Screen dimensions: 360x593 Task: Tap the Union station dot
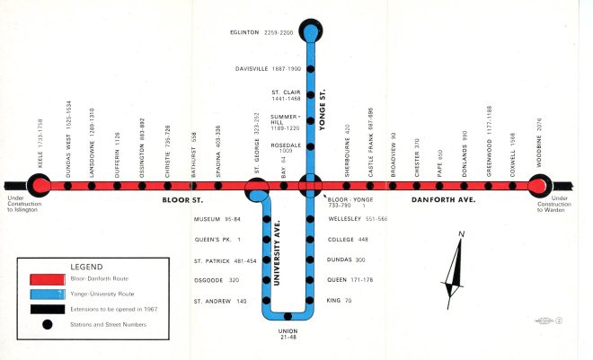click(287, 316)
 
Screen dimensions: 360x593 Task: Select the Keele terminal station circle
click(40, 186)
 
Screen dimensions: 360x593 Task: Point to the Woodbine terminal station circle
click(538, 186)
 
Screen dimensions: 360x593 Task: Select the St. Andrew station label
click(220, 302)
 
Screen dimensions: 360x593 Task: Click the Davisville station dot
click(311, 68)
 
